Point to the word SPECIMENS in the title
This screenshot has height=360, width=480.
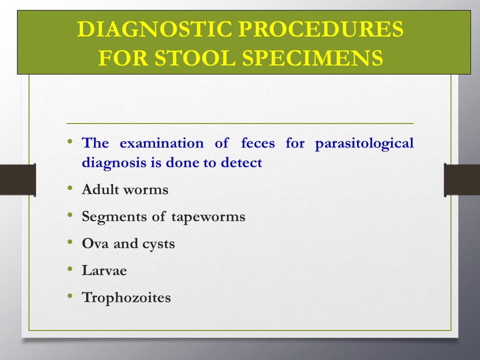[312, 57]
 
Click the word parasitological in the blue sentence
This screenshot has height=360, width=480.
[364, 143]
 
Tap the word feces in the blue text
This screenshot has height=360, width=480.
[258, 143]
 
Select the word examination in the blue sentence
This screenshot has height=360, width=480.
[161, 143]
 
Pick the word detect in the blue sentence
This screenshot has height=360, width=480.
[241, 162]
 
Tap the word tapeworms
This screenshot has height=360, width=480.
[208, 217]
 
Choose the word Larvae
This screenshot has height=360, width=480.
[104, 270]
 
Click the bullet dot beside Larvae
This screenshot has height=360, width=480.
[70, 269]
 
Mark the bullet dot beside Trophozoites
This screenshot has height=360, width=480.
[70, 295]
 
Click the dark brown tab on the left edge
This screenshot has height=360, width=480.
[18, 180]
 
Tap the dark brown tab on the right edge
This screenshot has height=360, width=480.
[462, 180]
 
